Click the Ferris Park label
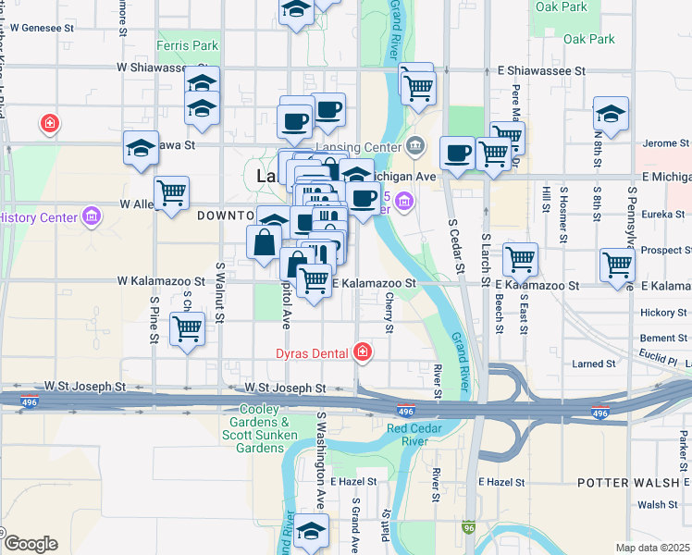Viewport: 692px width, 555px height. [188, 45]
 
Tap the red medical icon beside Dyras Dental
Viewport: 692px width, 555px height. [364, 352]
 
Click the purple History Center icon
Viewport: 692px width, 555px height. [92, 217]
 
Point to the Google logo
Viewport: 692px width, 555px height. [30, 543]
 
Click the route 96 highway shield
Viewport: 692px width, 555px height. [469, 526]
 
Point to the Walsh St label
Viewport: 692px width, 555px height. [658, 505]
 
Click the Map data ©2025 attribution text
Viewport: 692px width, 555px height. [652, 548]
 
